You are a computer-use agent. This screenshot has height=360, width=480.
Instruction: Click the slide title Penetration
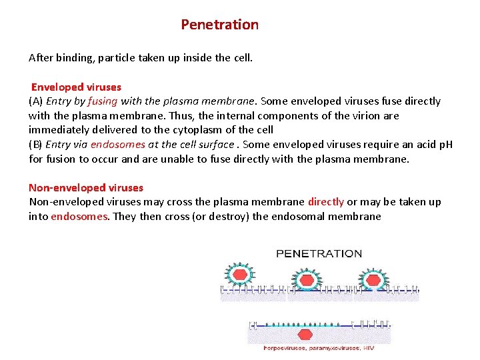[x=219, y=25]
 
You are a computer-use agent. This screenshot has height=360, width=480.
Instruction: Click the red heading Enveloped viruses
[x=76, y=87]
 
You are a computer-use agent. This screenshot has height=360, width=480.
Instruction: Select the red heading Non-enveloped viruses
[x=86, y=188]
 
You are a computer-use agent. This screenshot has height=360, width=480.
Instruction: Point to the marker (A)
[x=36, y=101]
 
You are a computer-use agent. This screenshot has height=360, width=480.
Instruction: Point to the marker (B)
[x=36, y=144]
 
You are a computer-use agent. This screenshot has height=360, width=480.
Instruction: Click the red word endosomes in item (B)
[x=115, y=144]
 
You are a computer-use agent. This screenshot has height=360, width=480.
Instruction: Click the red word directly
[x=326, y=202]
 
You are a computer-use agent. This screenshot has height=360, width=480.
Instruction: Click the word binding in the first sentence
[x=75, y=57]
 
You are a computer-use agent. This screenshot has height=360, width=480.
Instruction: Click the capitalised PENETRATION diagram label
[x=319, y=253]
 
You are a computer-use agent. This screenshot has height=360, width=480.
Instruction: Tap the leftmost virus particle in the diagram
[x=237, y=273]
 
